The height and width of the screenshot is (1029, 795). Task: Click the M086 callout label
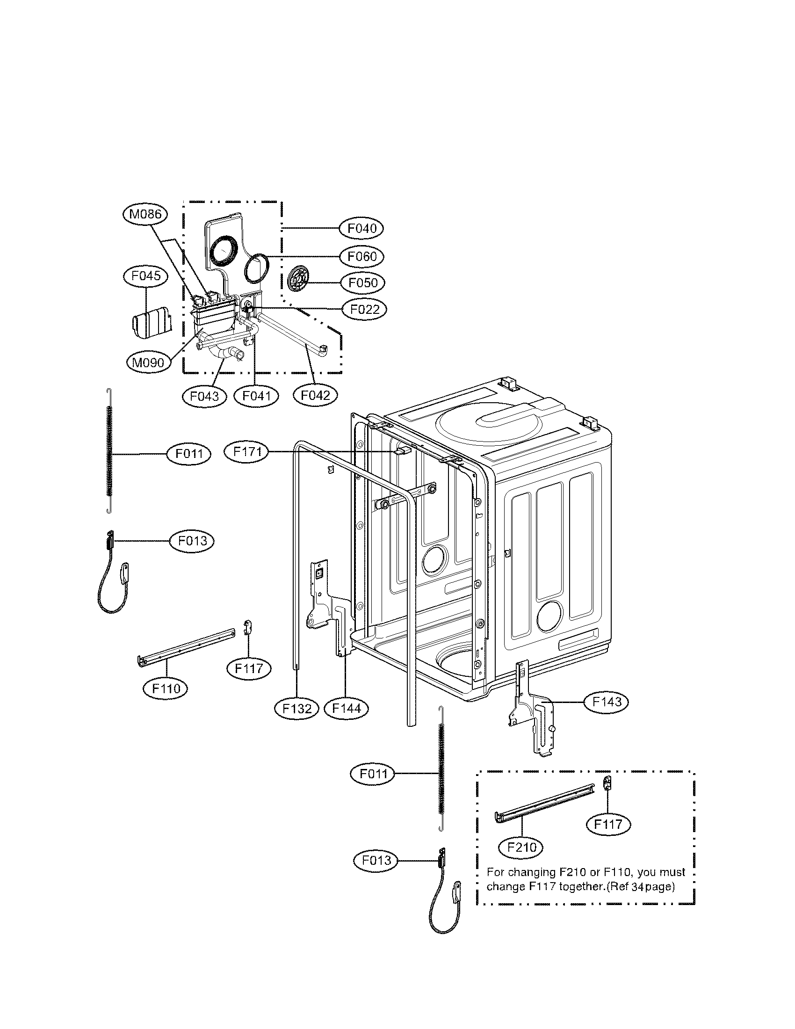point(145,214)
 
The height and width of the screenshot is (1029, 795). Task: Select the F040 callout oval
point(361,229)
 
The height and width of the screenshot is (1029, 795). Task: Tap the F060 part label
point(361,256)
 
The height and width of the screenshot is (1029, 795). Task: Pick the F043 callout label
point(204,396)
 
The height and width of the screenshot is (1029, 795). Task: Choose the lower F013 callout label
point(376,861)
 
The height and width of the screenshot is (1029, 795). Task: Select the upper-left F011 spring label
point(189,454)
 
